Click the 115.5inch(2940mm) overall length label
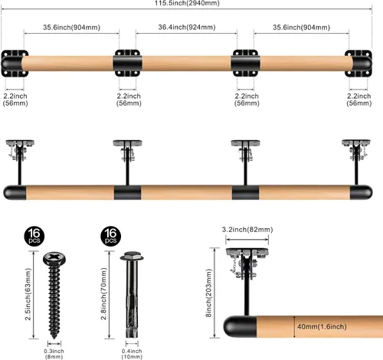(187, 3)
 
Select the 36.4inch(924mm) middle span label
(187, 27)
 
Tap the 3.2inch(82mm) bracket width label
(247, 230)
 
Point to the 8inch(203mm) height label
(209, 293)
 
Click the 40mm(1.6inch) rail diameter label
(322, 326)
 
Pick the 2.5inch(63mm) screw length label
(28, 294)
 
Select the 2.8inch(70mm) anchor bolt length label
(103, 293)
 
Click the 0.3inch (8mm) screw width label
(54, 354)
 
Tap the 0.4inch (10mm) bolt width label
(132, 354)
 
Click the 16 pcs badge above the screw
(34, 236)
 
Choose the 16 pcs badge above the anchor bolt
(110, 236)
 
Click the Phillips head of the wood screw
(54, 258)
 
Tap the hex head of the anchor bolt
(132, 257)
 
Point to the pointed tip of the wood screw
(54, 339)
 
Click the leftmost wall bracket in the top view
(15, 64)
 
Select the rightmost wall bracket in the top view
(358, 64)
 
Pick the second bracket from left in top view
(128, 63)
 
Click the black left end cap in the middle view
(15, 192)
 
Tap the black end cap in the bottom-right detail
(240, 327)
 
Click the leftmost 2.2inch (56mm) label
(15, 100)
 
